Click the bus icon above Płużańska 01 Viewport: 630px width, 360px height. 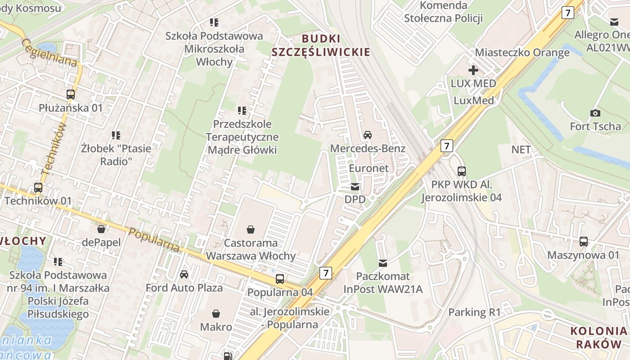tap(71, 94)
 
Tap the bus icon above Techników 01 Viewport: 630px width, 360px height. tap(38, 188)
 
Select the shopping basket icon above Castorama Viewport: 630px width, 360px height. tap(251, 229)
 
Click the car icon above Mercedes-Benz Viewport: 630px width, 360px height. tap(368, 135)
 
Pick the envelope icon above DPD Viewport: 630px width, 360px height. tap(355, 187)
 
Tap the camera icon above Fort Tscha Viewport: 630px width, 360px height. tap(595, 113)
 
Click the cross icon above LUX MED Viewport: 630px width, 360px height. tap(473, 70)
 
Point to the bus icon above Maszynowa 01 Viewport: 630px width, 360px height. tap(584, 242)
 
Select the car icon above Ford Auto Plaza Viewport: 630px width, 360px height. tap(184, 274)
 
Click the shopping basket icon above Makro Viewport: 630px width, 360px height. tap(216, 313)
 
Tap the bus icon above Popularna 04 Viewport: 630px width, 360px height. tap(280, 279)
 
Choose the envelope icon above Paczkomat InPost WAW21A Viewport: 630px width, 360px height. tap(383, 263)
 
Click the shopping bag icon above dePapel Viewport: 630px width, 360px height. tap(101, 229)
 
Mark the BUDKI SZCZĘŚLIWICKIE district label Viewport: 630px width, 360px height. tap(320, 45)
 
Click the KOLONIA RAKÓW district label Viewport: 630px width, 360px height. tap(598, 337)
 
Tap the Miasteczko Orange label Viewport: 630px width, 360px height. tap(522, 53)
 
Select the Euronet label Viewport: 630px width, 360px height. tap(369, 168)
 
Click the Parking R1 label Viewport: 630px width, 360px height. tap(474, 312)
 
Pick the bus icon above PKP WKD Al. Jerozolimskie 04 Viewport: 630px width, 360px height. tap(462, 171)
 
